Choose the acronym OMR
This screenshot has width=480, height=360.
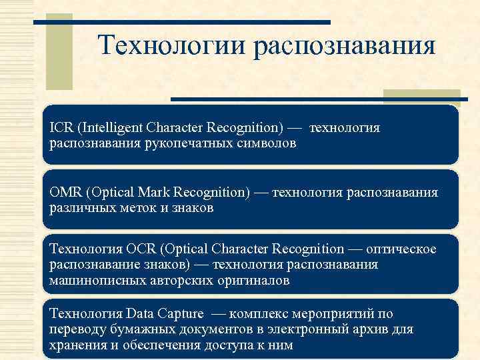point(65,192)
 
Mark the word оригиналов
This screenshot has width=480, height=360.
point(257,281)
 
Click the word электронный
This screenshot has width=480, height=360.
point(315,329)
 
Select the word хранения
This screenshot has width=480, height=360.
point(75,345)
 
